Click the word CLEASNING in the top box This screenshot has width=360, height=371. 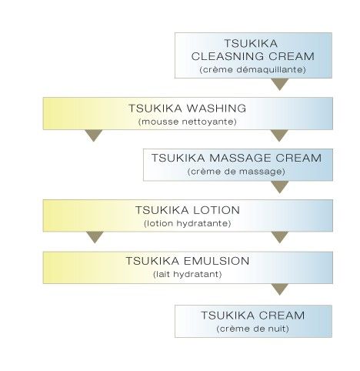(x=228, y=56)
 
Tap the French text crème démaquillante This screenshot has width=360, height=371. (x=252, y=69)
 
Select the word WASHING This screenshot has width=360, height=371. (x=216, y=109)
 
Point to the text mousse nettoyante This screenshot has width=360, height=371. (x=188, y=122)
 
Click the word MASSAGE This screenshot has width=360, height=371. (x=240, y=158)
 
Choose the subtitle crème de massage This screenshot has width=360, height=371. (x=236, y=172)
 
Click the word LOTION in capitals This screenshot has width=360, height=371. (x=216, y=210)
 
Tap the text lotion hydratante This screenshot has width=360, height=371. (x=188, y=223)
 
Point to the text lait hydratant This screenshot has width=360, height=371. (x=188, y=274)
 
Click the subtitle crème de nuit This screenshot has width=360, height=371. (x=253, y=329)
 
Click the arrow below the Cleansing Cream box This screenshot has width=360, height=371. (x=280, y=84)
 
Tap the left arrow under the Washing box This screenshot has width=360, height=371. (x=94, y=135)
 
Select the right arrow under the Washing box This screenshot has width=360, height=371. (x=279, y=135)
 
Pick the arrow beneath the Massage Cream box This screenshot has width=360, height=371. (x=280, y=187)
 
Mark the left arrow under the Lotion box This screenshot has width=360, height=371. (x=95, y=237)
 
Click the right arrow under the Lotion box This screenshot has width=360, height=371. (x=280, y=237)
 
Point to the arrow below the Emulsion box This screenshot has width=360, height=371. (x=279, y=289)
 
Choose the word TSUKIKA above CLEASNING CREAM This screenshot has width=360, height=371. (x=251, y=43)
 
